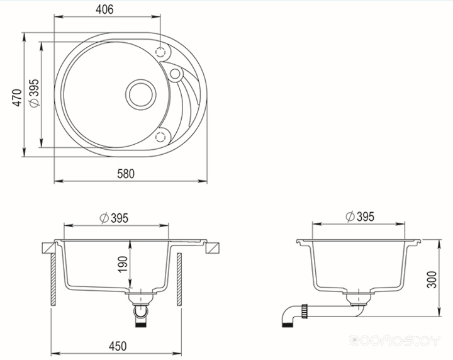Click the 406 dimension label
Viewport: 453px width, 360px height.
(104, 9)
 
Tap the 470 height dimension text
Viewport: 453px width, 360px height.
(18, 98)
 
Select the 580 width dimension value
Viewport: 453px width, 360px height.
(126, 174)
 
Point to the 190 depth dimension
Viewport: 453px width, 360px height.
(123, 264)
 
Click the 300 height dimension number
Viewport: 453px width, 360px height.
(432, 279)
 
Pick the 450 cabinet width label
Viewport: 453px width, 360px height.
(118, 346)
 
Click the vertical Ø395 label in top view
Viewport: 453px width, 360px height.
(34, 93)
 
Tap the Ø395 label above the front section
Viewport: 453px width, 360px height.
(114, 218)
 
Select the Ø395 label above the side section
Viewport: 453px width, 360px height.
(360, 217)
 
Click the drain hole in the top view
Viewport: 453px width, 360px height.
(141, 94)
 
